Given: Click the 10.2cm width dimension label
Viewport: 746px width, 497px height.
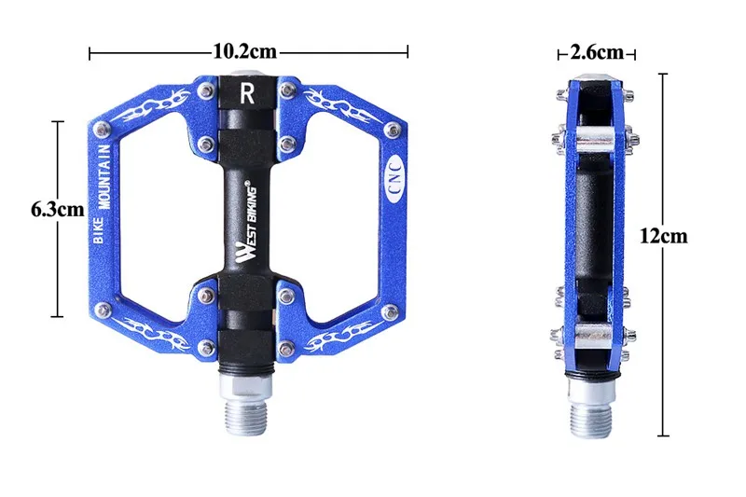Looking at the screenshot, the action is (x=245, y=51).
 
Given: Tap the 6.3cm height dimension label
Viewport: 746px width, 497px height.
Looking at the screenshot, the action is (x=58, y=209).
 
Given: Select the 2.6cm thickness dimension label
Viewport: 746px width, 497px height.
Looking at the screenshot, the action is (x=597, y=52).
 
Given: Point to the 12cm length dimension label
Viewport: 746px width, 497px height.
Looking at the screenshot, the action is (x=664, y=235).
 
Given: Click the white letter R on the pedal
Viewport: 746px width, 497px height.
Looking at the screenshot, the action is (x=247, y=93).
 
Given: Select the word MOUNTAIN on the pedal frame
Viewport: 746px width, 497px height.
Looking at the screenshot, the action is (x=104, y=176).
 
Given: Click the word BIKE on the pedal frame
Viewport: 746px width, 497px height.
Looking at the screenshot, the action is (x=99, y=230).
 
